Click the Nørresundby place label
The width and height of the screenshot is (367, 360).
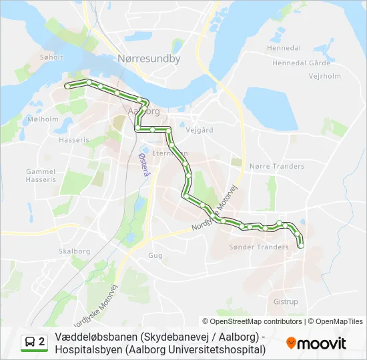[149, 59]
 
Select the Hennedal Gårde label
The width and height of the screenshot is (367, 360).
[302, 63]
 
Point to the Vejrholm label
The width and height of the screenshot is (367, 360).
[325, 76]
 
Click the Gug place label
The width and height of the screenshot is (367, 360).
[155, 255]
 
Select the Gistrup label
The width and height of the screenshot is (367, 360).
[286, 302]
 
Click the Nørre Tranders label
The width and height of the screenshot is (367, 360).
[276, 166]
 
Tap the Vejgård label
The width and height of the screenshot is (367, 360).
[200, 130]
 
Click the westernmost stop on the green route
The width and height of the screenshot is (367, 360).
[67, 86]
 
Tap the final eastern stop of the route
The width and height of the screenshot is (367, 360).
[300, 246]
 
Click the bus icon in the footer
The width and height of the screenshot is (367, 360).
[29, 342]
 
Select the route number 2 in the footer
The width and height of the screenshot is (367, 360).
[42, 342]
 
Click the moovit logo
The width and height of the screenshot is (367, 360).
[316, 343]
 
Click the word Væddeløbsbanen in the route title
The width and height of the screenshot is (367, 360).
[92, 337]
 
